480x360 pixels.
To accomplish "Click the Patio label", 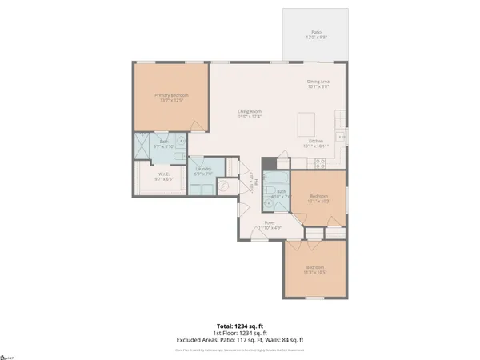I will coord(316,35).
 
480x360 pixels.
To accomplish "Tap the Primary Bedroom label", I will coord(169,97).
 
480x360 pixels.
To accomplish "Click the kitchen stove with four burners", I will coord(322,164).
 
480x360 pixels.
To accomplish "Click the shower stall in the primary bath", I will coord(144,146).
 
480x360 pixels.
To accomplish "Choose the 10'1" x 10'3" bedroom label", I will coord(318,201).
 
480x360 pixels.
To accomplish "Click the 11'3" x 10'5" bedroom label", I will coord(314,269).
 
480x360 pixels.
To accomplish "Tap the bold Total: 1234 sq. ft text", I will coord(239,326).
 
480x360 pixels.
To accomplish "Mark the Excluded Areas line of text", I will coord(239,339).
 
